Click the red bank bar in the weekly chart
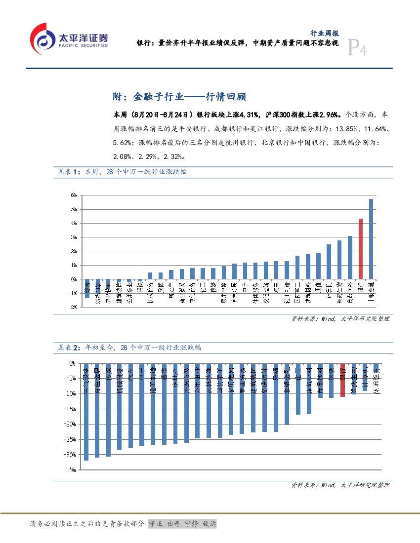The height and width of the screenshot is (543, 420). coord(361,249)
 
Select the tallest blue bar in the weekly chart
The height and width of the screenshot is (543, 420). coord(371,239)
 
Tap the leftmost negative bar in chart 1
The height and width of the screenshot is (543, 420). coord(87,288)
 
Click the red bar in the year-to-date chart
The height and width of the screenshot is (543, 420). coord(342,380)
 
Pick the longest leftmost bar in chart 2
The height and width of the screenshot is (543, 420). coord(86,412)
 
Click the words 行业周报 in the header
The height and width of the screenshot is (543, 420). coord(324,34)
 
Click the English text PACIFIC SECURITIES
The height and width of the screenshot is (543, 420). coord(83,45)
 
